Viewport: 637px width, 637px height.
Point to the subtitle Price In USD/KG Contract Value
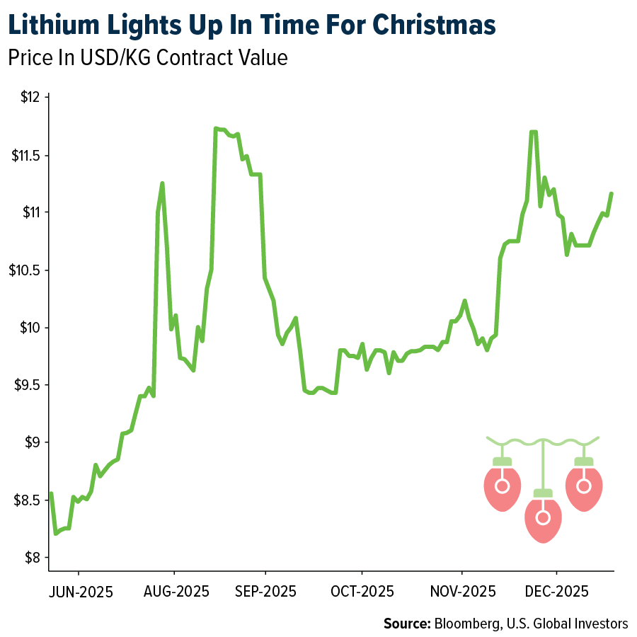point(148,57)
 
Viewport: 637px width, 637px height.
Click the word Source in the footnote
point(406,624)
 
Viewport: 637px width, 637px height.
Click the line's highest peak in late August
point(215,129)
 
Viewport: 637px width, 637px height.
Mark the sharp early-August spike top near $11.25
point(162,183)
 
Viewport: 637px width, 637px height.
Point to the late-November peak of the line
point(533,132)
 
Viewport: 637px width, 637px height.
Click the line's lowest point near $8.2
point(55,533)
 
